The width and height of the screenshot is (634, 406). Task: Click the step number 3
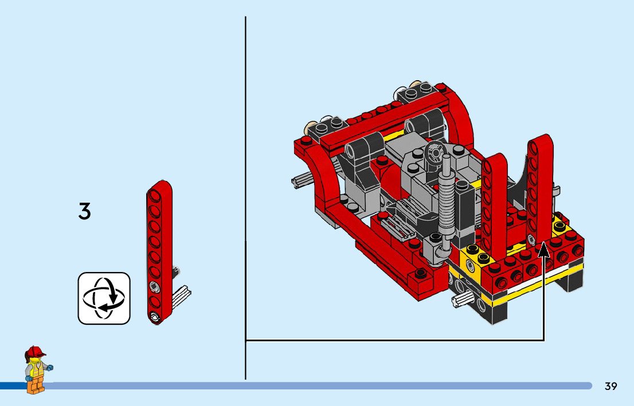coord(84,211)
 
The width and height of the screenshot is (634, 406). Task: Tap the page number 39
coord(610,386)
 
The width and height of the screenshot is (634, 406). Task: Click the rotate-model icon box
coord(104,298)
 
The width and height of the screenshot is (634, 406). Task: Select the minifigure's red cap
coord(35,352)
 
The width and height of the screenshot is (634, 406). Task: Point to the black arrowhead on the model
coord(544,249)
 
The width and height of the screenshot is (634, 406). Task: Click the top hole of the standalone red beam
coord(154,195)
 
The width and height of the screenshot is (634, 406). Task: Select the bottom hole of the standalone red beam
coord(155,317)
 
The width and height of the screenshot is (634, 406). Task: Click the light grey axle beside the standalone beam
coord(182,296)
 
